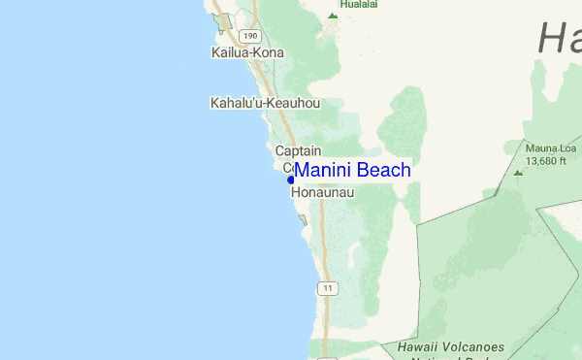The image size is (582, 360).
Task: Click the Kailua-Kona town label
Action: pos(247,52)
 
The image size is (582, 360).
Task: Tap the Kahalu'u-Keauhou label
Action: pos(265,102)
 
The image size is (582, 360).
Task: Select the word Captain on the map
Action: pos(298,151)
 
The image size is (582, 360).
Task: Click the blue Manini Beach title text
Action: pos(352,171)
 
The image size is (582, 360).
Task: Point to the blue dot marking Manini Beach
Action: pos(290,180)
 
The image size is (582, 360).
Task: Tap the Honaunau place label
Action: pos(323,193)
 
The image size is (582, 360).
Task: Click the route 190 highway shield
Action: pos(251,35)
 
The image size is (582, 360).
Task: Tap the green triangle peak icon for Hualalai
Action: pos(333,16)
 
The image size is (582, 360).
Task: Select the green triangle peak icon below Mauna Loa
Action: pos(518,173)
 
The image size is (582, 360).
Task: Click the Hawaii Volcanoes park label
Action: pos(451,347)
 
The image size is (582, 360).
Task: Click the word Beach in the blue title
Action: pos(383,171)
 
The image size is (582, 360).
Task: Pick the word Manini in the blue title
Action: pos(323,171)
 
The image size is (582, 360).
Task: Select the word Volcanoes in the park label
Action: pos(475,346)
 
